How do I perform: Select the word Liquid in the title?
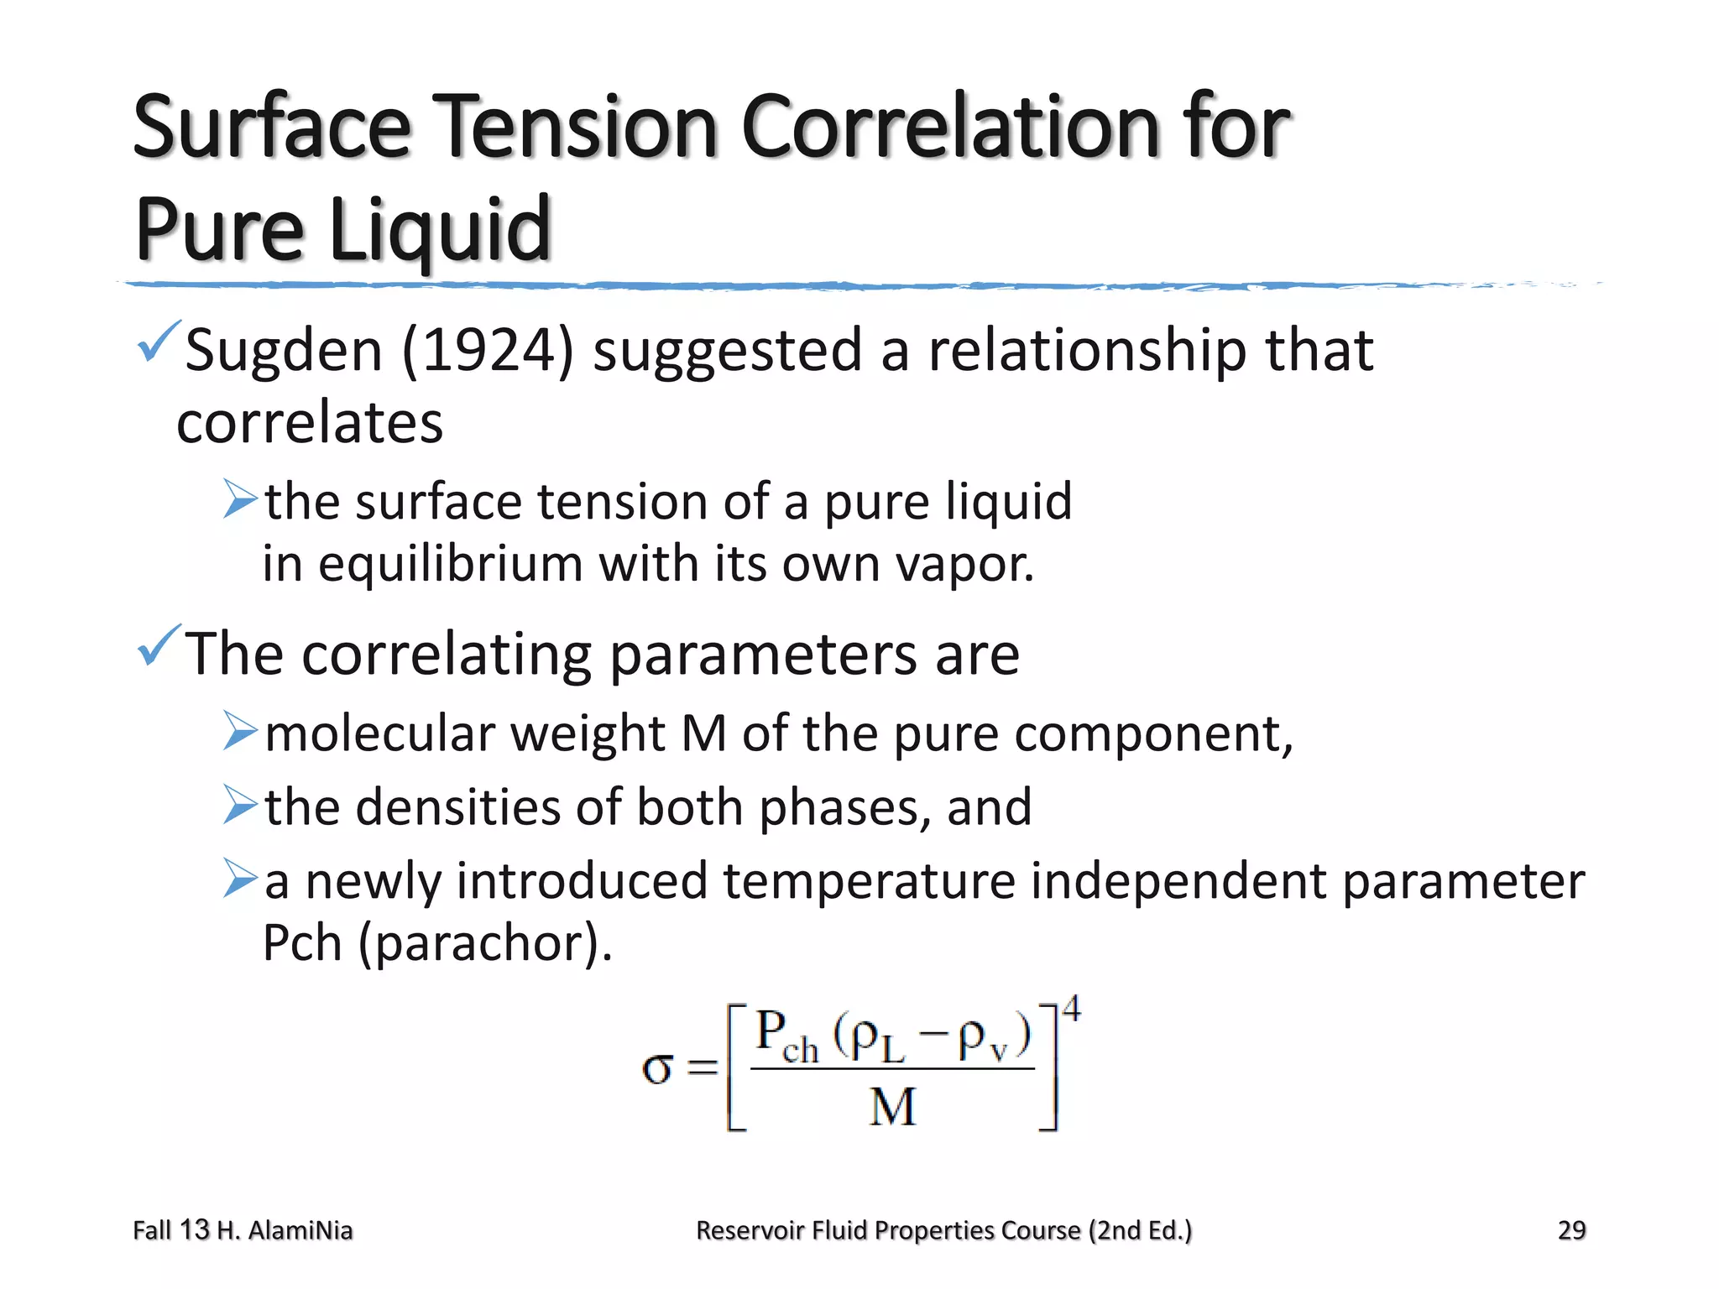click(440, 229)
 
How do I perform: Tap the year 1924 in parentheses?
click(488, 350)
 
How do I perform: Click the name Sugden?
click(283, 350)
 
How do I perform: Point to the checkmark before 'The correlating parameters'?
click(158, 645)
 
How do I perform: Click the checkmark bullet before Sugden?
click(158, 342)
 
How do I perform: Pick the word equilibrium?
click(450, 564)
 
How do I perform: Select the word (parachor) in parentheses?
click(485, 943)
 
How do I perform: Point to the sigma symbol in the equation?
click(657, 1068)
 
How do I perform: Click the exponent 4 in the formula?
click(1072, 1008)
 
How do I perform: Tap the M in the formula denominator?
click(892, 1107)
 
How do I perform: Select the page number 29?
click(1571, 1230)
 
